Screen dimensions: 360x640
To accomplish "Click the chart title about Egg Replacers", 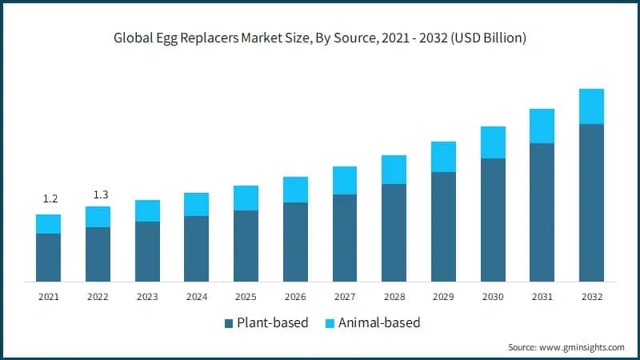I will [x=320, y=38].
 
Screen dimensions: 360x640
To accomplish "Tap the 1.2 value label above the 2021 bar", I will [x=49, y=198].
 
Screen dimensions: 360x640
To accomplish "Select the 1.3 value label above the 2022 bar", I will [x=98, y=194].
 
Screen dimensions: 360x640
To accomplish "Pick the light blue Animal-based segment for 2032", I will [x=591, y=106].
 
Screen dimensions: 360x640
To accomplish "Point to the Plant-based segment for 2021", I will [x=49, y=257].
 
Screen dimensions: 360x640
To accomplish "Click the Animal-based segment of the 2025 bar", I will [x=246, y=198].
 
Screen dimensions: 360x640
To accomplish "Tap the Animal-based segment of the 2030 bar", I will [x=493, y=142].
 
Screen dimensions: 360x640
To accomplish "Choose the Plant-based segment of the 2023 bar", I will [x=147, y=251].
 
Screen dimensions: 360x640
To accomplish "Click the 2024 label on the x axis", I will [x=197, y=297].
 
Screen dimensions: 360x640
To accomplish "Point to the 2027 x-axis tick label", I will [x=345, y=297].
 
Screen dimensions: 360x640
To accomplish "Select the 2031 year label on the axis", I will [x=542, y=297].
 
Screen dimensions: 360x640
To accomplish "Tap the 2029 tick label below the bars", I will [x=443, y=297].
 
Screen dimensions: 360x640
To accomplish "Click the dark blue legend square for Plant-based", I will [x=229, y=323].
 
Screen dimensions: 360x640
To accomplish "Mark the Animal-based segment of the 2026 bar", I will [x=295, y=190].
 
